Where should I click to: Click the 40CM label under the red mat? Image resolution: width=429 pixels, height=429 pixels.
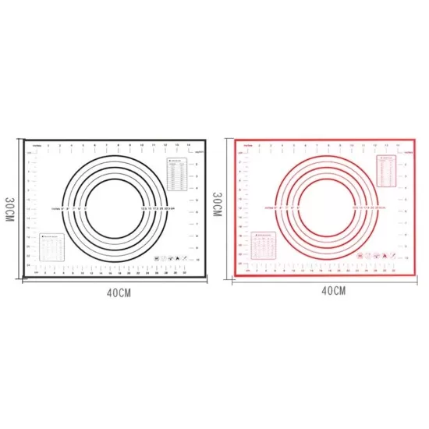coord(331,291)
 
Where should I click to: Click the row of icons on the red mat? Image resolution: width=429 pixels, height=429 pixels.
coord(380,254)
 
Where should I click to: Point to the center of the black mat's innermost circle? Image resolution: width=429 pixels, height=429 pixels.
coord(110,207)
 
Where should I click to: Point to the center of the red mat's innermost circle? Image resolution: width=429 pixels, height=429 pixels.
coord(323,204)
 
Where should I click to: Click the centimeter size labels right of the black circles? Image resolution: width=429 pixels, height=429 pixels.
coord(157,209)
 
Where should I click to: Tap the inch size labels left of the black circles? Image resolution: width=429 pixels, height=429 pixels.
coord(66,209)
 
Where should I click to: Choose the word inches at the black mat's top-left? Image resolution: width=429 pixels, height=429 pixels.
coord(36,146)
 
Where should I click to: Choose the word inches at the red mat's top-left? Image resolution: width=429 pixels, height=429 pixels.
coord(249,144)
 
